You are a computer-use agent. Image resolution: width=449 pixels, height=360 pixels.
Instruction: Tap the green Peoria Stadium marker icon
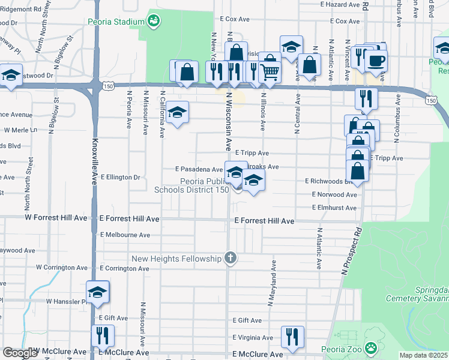[x=154, y=21]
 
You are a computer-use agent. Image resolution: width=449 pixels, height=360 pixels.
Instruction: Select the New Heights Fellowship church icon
[x=230, y=259]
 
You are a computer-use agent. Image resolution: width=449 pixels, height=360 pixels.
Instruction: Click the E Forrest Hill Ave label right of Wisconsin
[x=264, y=221]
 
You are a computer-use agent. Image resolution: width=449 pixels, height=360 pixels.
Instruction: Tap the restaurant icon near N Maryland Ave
[x=293, y=336]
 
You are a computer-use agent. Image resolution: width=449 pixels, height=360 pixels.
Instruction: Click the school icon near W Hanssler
[x=97, y=292]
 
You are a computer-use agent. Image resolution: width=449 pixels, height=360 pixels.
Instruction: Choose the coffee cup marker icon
[x=376, y=60]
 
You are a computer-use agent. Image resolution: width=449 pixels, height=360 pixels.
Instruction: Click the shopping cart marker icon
[x=270, y=71]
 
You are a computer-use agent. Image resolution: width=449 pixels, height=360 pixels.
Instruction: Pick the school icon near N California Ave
[x=177, y=112]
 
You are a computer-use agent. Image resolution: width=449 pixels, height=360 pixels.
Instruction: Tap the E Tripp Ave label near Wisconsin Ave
[x=252, y=153]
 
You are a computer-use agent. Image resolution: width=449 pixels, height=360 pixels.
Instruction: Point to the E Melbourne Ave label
[x=125, y=235]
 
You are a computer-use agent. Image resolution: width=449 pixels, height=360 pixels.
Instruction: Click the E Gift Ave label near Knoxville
[x=110, y=317]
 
